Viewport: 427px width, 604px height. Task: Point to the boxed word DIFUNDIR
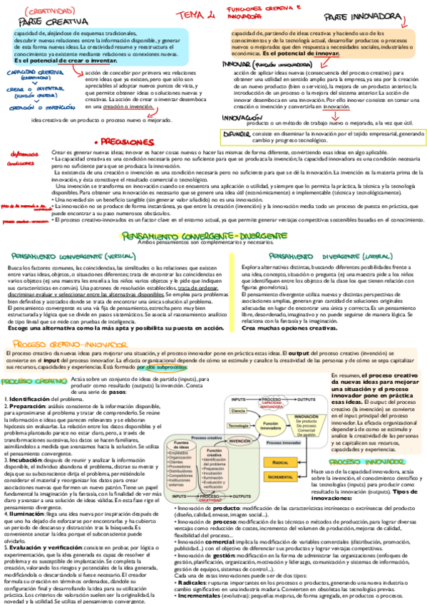point(237,134)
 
